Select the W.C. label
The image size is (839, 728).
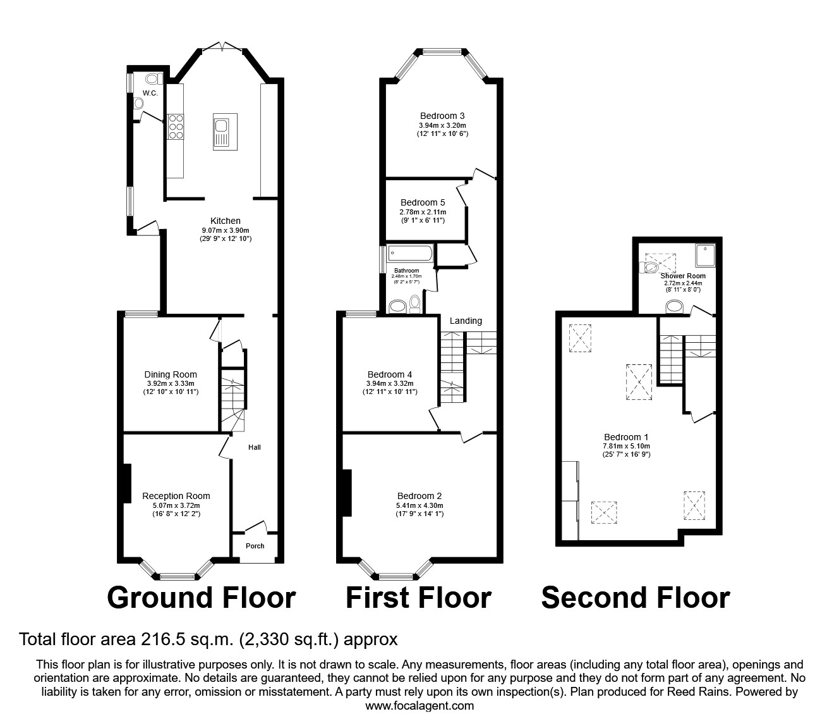click(x=150, y=93)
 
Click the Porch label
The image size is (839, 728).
click(x=255, y=546)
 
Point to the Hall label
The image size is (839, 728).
click(x=254, y=447)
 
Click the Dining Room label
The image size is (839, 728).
click(x=171, y=374)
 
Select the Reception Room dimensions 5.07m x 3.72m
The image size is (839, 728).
click(x=176, y=505)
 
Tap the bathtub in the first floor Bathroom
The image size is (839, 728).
click(x=410, y=254)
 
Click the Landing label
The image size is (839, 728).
click(x=466, y=321)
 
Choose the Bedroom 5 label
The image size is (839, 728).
click(x=423, y=202)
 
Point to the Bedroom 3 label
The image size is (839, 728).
click(x=442, y=116)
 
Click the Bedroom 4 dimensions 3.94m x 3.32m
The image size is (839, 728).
click(x=390, y=383)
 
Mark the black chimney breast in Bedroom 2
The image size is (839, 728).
click(x=346, y=493)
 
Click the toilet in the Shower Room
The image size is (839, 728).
click(x=649, y=268)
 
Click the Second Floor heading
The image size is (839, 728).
click(x=635, y=598)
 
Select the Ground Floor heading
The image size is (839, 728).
click(x=202, y=598)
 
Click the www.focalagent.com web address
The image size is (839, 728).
click(x=419, y=706)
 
